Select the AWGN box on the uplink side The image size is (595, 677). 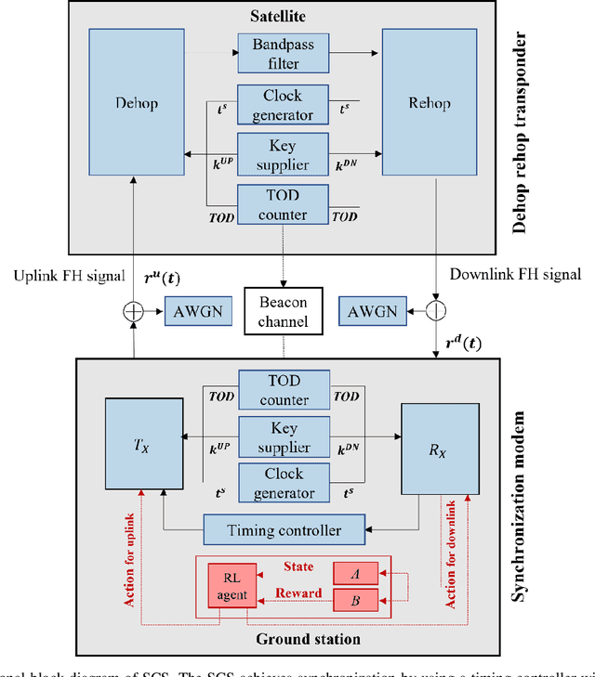(192, 311)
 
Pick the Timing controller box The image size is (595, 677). (284, 530)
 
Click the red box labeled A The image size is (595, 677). (356, 575)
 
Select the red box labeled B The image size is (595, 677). (356, 601)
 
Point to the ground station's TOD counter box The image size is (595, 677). (284, 390)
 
